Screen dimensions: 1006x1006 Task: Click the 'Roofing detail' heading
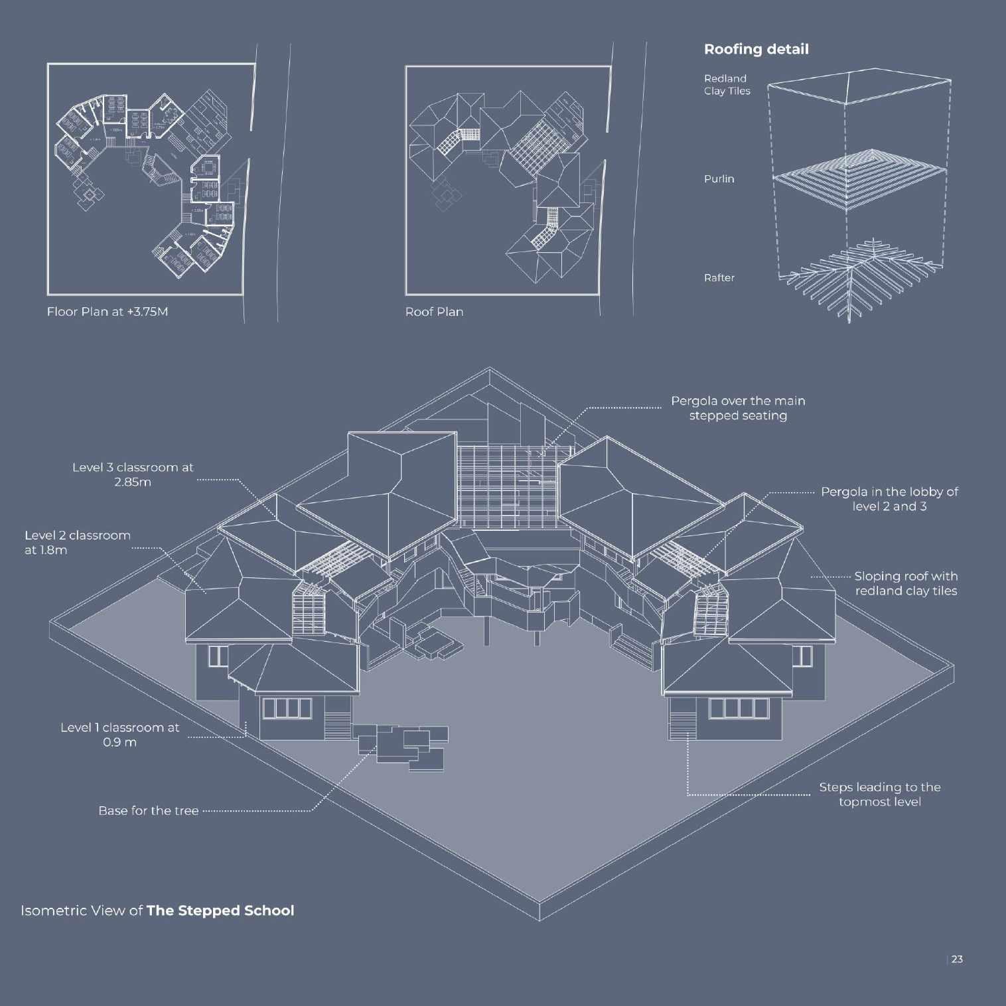[x=756, y=49]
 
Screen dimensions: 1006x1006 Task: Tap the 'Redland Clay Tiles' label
[x=727, y=85]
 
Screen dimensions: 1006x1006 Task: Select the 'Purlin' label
[x=719, y=179]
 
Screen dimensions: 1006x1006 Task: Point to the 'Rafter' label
[x=719, y=278]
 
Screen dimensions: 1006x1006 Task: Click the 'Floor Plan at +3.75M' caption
[x=108, y=312]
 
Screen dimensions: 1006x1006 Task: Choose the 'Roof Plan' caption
[x=434, y=312]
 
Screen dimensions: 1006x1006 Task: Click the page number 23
[x=957, y=959]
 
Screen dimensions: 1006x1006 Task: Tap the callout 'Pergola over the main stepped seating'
[x=737, y=408]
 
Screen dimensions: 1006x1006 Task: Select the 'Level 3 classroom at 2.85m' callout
[x=133, y=474]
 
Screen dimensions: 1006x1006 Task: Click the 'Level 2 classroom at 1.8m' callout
[x=77, y=542]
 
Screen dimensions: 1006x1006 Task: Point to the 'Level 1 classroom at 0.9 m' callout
[x=119, y=735]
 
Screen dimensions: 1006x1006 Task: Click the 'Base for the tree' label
[x=148, y=811]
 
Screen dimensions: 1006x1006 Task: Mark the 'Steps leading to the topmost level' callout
[x=879, y=794]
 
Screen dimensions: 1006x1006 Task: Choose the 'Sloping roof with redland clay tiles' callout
[x=905, y=583]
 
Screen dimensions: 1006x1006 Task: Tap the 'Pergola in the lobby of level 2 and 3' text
[x=889, y=499]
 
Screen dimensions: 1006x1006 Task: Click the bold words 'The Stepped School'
[x=220, y=910]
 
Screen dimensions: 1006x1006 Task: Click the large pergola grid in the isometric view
[x=508, y=488]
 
